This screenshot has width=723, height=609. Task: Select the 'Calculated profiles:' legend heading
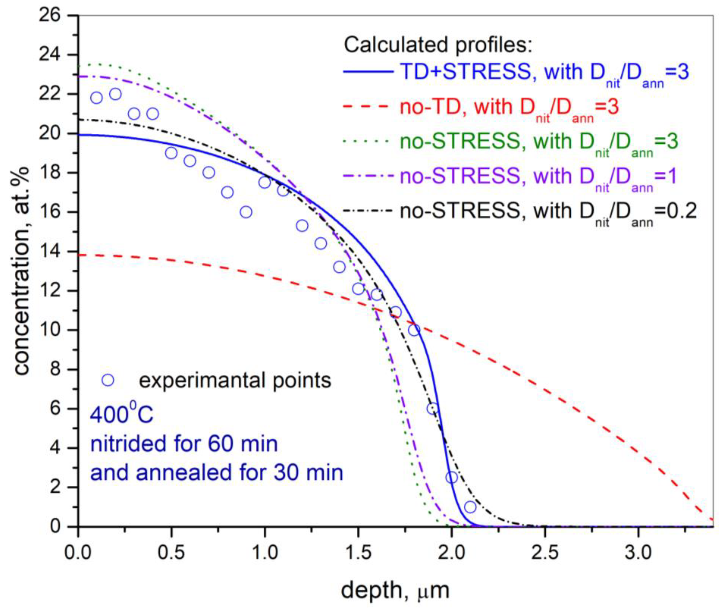[438, 45]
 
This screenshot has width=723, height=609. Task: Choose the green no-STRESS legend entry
[539, 142]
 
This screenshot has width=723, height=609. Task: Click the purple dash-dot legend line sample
[368, 176]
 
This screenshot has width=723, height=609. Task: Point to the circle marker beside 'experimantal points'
[108, 380]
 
